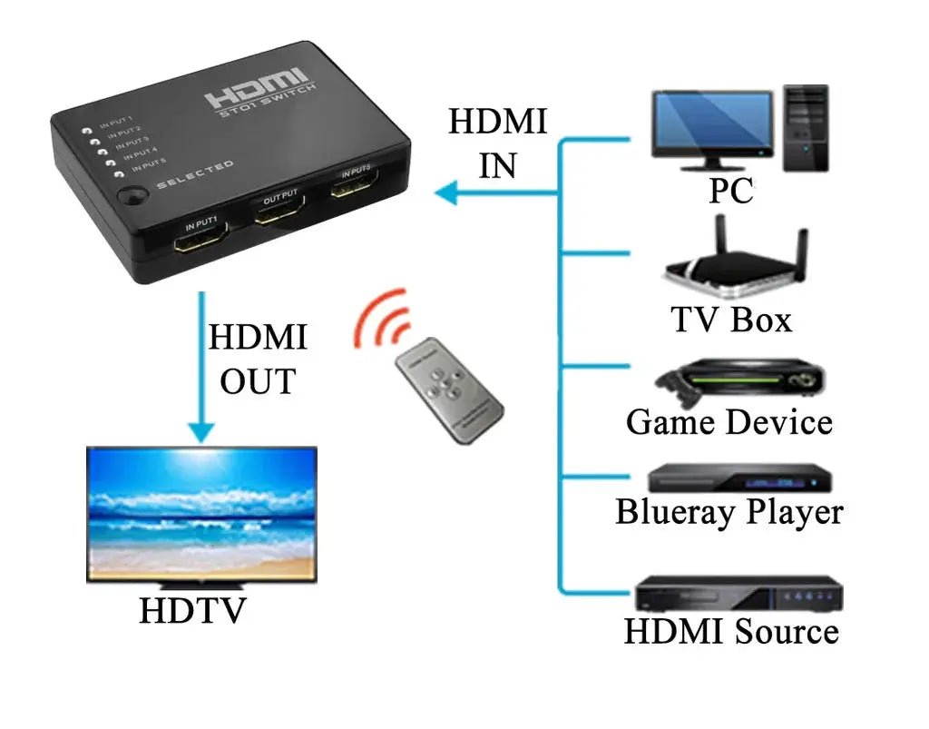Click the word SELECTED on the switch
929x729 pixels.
tap(194, 175)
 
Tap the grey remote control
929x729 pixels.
tap(448, 389)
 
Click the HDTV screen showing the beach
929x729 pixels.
tap(201, 514)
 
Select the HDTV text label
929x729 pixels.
tap(191, 610)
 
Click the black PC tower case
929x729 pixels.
tap(807, 127)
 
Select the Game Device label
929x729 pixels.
tap(729, 422)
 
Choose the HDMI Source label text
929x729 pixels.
tap(731, 631)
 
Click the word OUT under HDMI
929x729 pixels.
tap(258, 381)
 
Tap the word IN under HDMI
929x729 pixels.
tap(497, 166)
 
